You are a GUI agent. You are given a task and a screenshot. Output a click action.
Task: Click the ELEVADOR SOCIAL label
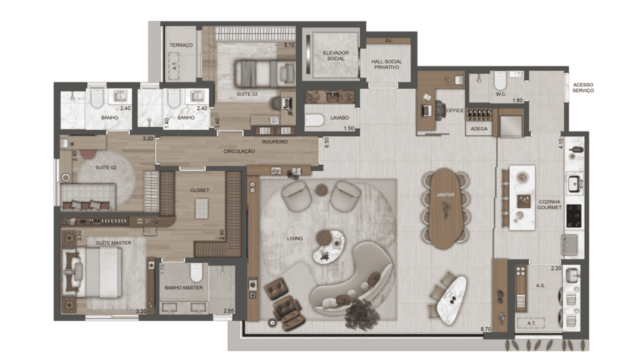point(335,55)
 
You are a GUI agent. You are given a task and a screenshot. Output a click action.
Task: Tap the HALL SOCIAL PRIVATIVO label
point(387,64)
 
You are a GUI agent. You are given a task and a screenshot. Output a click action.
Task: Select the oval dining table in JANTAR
point(445,209)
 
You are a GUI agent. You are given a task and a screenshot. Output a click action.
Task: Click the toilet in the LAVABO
point(314,120)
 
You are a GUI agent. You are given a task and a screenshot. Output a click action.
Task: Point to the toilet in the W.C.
point(500,81)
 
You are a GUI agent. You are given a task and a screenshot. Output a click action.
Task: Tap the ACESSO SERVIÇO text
point(583,87)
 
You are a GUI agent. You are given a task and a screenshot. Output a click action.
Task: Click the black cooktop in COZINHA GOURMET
point(573,216)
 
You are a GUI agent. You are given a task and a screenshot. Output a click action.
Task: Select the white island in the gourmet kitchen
point(522,198)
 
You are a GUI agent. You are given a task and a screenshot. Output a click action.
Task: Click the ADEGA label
point(479,129)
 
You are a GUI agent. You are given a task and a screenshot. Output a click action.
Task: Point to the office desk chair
point(440,110)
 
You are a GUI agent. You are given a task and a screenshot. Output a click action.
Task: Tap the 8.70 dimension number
point(486,329)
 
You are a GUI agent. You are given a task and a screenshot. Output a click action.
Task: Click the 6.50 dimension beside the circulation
point(327,142)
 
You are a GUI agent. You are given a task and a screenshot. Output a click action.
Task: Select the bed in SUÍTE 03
point(265,73)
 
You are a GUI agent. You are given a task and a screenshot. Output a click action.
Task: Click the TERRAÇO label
point(181,45)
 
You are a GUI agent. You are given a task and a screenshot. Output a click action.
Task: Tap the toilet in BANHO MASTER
point(196,273)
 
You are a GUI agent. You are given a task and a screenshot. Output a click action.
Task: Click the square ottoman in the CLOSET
point(201,209)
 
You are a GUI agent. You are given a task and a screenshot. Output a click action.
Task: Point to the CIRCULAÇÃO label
point(239,151)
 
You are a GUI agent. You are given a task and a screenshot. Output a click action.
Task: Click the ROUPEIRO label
point(275,142)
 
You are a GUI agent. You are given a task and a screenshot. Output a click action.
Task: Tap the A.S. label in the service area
point(541,286)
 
